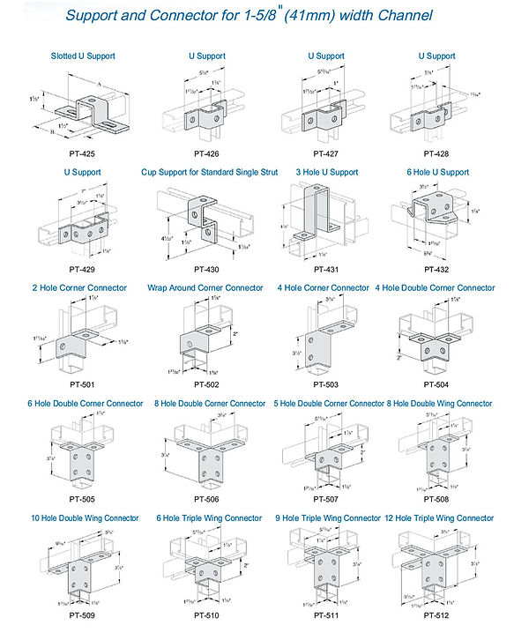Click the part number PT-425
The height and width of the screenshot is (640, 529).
(83, 153)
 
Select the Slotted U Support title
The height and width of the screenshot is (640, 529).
(83, 56)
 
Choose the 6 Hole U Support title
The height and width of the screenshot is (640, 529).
(436, 172)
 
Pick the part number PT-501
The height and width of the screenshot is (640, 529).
(83, 384)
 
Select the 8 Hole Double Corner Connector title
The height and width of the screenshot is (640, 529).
(210, 404)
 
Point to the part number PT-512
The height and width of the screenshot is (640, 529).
(436, 614)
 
